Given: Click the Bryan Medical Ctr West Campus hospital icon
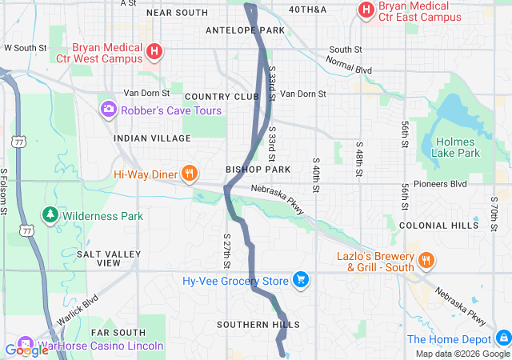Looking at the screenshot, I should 155,54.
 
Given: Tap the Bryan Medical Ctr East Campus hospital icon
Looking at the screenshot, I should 366,10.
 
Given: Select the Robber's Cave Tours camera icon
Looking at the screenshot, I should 108,109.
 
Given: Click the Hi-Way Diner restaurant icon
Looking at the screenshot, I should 190,173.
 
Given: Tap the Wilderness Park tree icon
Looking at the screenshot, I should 50,216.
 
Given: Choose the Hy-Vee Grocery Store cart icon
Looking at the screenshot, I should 301,280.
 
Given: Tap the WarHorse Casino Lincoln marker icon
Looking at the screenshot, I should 22,346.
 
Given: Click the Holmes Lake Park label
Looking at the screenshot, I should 456,147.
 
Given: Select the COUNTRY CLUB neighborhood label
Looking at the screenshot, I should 222,97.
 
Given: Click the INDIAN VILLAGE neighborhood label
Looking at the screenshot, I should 142,138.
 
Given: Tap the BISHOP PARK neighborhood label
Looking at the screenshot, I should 258,170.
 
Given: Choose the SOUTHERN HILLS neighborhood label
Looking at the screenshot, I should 258,325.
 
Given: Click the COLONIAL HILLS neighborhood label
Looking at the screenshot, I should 434,226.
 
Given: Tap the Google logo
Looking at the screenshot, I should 26,350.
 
